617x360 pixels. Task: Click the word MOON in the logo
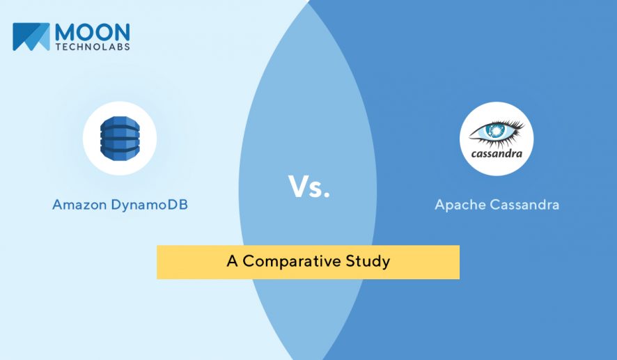93,31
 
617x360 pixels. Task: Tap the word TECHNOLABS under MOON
93,47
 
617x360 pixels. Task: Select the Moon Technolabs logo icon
31,37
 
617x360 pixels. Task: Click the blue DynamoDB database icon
120,138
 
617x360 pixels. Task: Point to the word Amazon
79,205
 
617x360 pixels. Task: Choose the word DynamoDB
149,205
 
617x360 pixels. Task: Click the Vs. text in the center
309,187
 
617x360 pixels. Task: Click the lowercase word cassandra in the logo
497,153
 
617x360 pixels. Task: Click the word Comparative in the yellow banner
292,261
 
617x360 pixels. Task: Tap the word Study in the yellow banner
368,262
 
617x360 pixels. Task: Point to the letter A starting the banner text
232,261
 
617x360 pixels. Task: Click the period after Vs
326,194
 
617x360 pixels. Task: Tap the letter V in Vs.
298,186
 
